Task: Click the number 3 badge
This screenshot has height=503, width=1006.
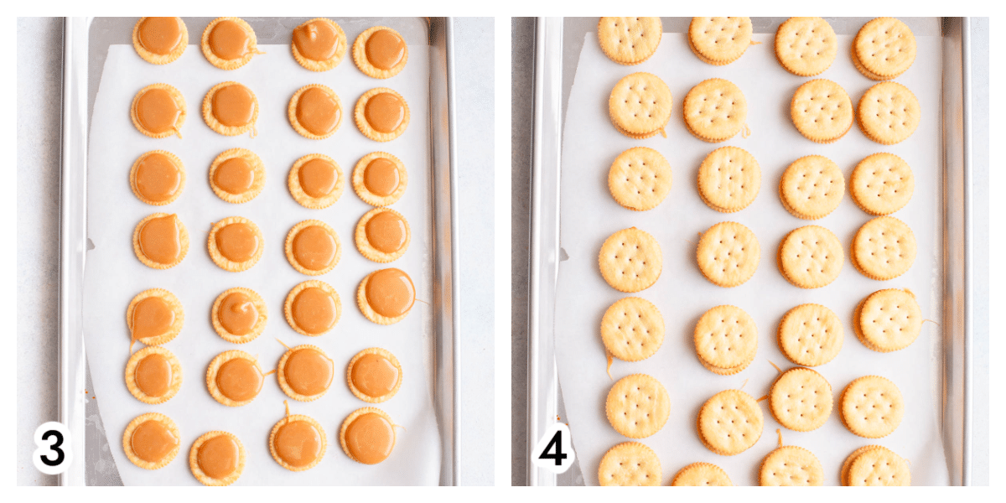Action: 52,449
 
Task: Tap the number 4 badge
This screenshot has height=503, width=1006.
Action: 552,449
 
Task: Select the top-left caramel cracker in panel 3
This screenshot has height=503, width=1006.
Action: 160,39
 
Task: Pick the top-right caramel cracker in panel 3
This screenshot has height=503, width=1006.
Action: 381,52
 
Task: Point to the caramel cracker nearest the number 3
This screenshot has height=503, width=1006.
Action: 152,441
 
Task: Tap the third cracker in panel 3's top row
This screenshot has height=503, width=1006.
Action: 319,44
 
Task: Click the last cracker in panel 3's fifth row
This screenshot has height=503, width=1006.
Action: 386,296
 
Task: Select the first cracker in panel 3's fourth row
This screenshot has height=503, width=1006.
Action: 161,241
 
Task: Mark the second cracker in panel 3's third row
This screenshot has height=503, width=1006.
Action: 236,175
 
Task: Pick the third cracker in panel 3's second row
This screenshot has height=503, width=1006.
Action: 316,111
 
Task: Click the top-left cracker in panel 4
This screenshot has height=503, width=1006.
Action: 630,39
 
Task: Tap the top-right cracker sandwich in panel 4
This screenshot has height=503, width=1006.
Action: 884,49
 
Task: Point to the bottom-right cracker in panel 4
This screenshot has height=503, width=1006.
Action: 876,466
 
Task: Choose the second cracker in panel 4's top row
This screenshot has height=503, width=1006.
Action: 720,40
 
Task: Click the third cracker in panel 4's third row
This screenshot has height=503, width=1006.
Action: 812,187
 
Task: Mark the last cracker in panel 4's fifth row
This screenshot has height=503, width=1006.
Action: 888,320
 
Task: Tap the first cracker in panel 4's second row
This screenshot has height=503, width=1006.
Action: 640,105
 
